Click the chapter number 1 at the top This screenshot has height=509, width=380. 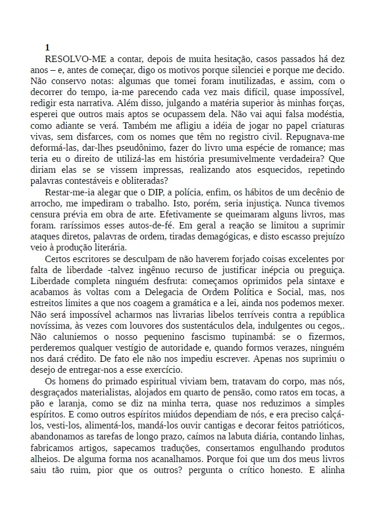47,48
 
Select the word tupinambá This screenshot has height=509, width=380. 240,337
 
